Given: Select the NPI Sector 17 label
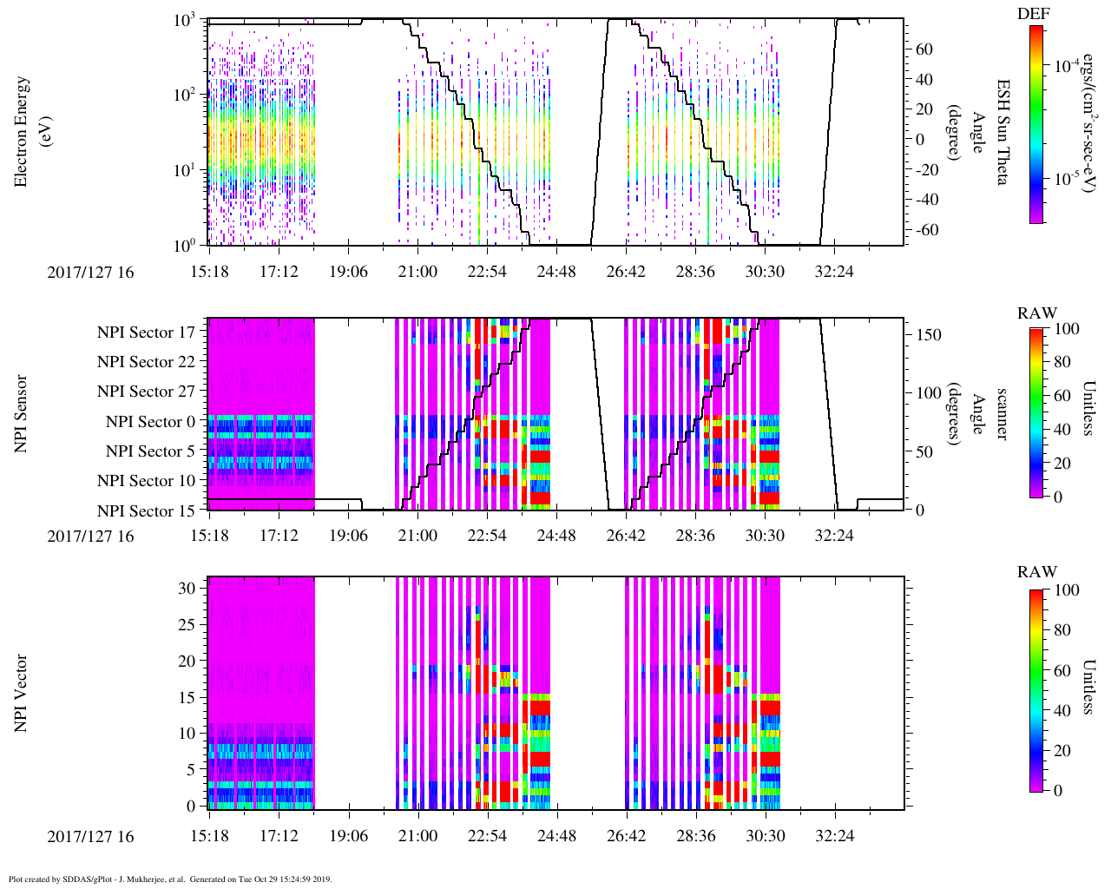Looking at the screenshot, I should (146, 332).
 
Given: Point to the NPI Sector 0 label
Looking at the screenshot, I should (150, 421).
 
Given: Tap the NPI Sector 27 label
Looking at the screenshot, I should (146, 391).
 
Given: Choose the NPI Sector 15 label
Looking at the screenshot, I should (146, 510).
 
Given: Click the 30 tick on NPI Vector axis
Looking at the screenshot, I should (187, 588).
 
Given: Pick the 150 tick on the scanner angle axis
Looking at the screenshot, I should (930, 334).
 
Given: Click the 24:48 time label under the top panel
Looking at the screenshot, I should (555, 272).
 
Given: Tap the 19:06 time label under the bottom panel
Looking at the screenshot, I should (348, 836).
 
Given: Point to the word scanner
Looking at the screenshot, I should (1002, 414).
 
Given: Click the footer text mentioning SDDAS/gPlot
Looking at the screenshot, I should (170, 879).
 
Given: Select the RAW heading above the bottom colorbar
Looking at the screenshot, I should (1037, 572).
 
